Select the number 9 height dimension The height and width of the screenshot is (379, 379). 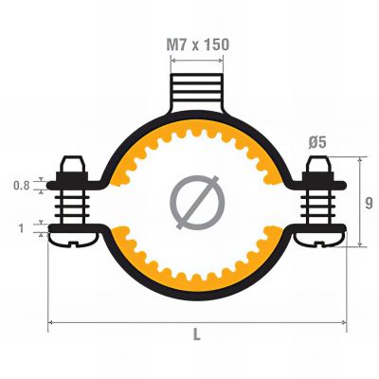[x=368, y=203]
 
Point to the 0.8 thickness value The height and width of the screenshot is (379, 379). [x=21, y=186]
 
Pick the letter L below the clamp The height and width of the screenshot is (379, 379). [x=196, y=335]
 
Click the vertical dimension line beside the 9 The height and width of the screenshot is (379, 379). [x=358, y=203]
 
